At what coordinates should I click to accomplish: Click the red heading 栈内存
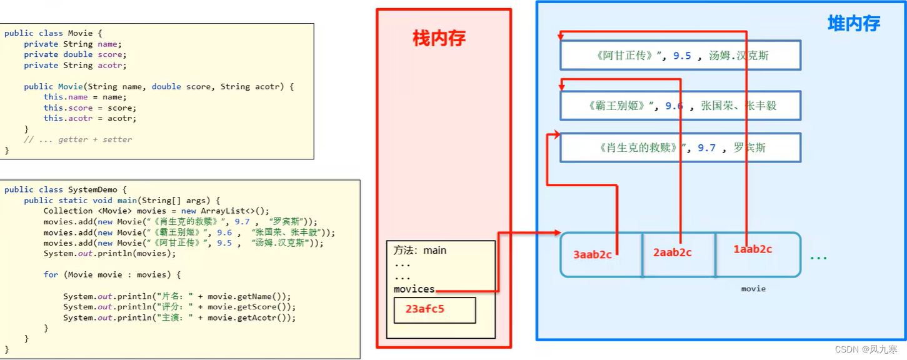[x=439, y=39]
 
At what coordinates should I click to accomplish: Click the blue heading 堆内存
[x=853, y=24]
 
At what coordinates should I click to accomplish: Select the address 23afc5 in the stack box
[x=425, y=309]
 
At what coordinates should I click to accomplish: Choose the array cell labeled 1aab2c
[x=753, y=249]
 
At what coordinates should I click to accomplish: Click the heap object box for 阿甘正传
[x=680, y=56]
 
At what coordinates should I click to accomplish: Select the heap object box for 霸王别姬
[x=680, y=106]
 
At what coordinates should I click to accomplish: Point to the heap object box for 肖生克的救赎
[x=680, y=148]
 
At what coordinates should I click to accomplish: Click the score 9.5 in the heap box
[x=682, y=56]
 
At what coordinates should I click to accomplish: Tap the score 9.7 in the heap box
[x=706, y=148]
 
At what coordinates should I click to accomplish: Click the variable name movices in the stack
[x=414, y=289]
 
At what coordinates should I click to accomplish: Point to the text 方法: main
[x=420, y=250]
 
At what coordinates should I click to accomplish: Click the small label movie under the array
[x=753, y=289]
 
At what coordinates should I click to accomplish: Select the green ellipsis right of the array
[x=818, y=256]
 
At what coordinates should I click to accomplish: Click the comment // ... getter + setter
[x=78, y=139]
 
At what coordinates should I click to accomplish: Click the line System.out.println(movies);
[x=109, y=253]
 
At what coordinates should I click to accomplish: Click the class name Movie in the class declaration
[x=80, y=33]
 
